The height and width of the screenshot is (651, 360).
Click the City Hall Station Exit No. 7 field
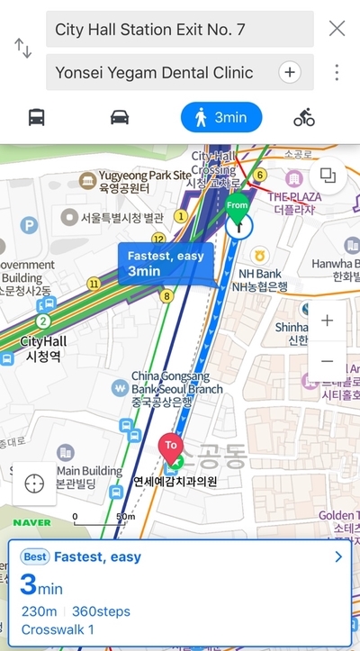(179, 29)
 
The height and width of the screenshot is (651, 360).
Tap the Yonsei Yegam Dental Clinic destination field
(162, 72)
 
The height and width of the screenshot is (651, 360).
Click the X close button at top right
(337, 28)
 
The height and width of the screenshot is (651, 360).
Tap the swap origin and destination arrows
(22, 49)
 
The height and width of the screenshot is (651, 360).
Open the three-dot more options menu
(337, 72)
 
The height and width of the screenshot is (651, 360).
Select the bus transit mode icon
(37, 117)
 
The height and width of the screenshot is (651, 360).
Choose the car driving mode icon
(120, 117)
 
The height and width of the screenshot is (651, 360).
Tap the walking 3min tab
(220, 117)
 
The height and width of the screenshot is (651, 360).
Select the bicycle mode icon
(304, 117)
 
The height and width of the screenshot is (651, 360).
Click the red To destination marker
(168, 447)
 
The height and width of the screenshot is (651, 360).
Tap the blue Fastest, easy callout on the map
(165, 263)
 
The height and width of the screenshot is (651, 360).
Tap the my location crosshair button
(34, 483)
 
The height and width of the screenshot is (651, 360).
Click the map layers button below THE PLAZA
(327, 176)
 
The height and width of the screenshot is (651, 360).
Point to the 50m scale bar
(99, 518)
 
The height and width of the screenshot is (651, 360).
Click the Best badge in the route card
(34, 557)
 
